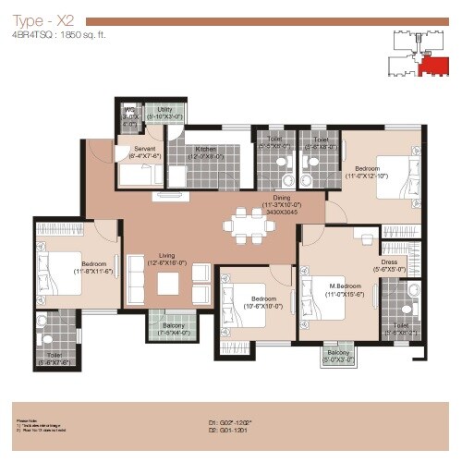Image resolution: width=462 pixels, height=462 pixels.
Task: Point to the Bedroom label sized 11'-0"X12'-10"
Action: tap(367, 169)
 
